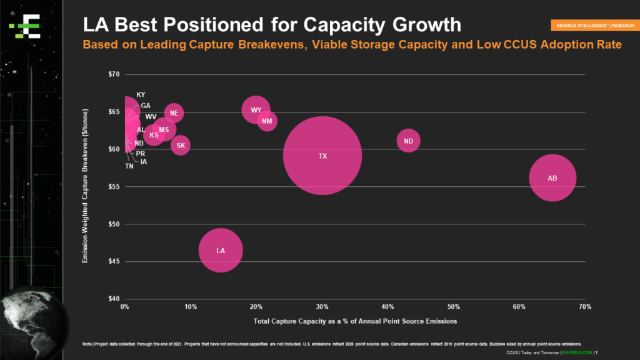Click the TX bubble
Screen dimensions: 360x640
(322, 156)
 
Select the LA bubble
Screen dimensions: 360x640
(221, 250)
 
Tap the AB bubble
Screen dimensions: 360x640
(552, 178)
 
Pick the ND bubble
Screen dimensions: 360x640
(408, 141)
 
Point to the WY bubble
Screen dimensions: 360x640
(256, 110)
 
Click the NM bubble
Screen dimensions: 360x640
(267, 121)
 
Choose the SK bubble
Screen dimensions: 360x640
(180, 146)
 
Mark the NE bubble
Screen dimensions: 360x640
(174, 113)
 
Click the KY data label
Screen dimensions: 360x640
(141, 94)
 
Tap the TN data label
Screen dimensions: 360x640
(129, 166)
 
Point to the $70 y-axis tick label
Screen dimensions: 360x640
(113, 74)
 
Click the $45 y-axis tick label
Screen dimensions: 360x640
(113, 261)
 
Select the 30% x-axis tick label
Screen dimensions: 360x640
(322, 307)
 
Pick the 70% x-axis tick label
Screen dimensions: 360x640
(585, 307)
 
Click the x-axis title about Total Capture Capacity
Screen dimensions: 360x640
(355, 321)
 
